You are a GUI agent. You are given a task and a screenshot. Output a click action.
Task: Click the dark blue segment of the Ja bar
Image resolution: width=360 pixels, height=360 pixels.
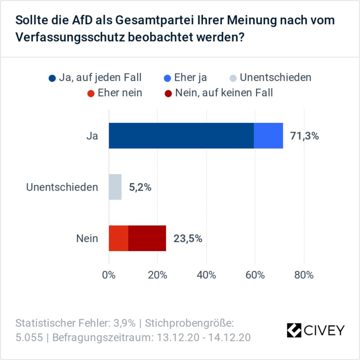tap(181, 136)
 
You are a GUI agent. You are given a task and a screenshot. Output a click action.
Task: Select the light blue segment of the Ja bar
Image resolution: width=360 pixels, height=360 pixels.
tap(268, 136)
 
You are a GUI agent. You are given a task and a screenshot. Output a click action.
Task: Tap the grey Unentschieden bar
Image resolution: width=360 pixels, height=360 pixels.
tap(115, 187)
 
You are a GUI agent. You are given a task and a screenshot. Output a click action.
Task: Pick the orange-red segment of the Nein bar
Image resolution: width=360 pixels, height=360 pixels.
tap(118, 238)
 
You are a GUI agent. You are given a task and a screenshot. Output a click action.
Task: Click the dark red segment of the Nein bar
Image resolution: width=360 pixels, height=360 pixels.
tap(147, 238)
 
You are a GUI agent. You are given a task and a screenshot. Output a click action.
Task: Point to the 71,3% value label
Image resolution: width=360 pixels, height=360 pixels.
tap(304, 136)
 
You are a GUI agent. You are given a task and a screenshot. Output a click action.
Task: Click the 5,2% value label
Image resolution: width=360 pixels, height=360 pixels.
tap(140, 187)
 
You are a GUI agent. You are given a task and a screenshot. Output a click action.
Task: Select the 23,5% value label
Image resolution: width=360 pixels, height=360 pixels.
tap(188, 238)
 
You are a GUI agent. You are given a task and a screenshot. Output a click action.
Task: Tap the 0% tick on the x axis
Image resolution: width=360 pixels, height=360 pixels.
tap(109, 275)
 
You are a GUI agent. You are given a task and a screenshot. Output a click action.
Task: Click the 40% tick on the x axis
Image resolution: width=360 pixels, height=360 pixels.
tap(206, 275)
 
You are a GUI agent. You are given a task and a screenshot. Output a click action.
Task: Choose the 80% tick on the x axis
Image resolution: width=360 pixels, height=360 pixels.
tap(304, 275)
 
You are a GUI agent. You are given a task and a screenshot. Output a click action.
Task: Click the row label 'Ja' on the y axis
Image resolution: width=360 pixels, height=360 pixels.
tap(92, 136)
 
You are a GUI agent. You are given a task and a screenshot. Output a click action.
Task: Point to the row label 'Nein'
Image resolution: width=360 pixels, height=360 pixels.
tap(87, 238)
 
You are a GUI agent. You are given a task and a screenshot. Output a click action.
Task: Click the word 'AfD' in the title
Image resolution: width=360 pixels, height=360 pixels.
tap(82, 20)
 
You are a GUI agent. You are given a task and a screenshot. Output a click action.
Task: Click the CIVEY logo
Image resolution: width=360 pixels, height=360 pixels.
tap(315, 330)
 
